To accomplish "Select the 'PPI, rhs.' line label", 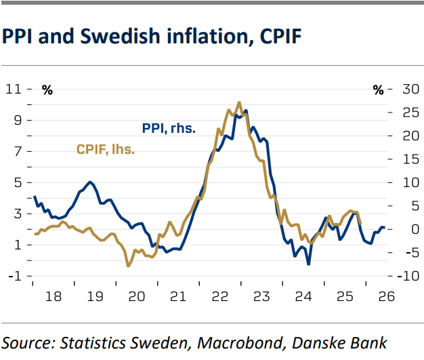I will tap(168, 128).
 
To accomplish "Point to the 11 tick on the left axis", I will tap(13, 89).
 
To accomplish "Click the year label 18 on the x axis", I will tap(54, 296).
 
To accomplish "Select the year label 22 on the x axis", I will tap(219, 296).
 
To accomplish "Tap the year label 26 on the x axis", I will tap(385, 296).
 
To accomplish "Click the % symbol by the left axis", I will tap(47, 90).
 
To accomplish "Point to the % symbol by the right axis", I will tap(379, 90).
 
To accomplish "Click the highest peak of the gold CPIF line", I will tap(239, 102).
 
